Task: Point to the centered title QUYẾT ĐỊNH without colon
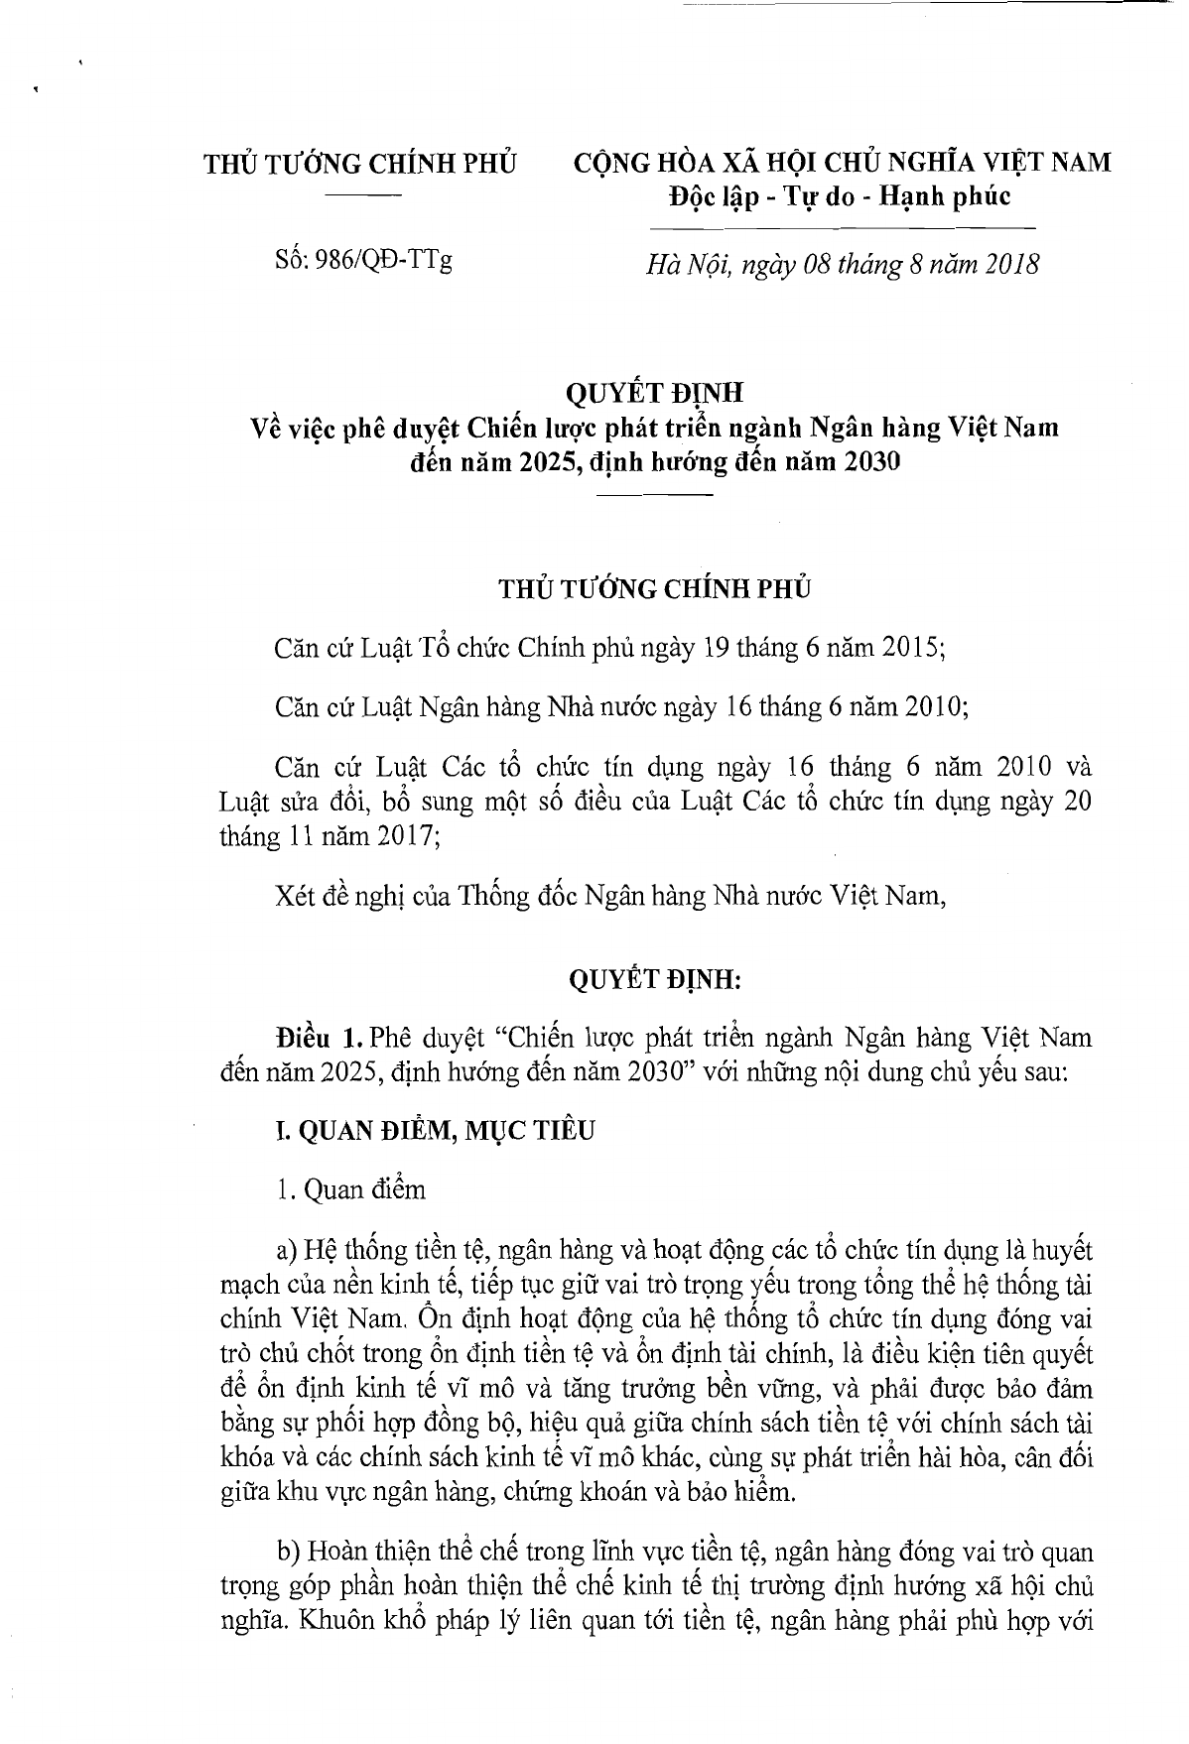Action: [655, 394]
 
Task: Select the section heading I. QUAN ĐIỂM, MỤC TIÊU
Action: [435, 1130]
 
